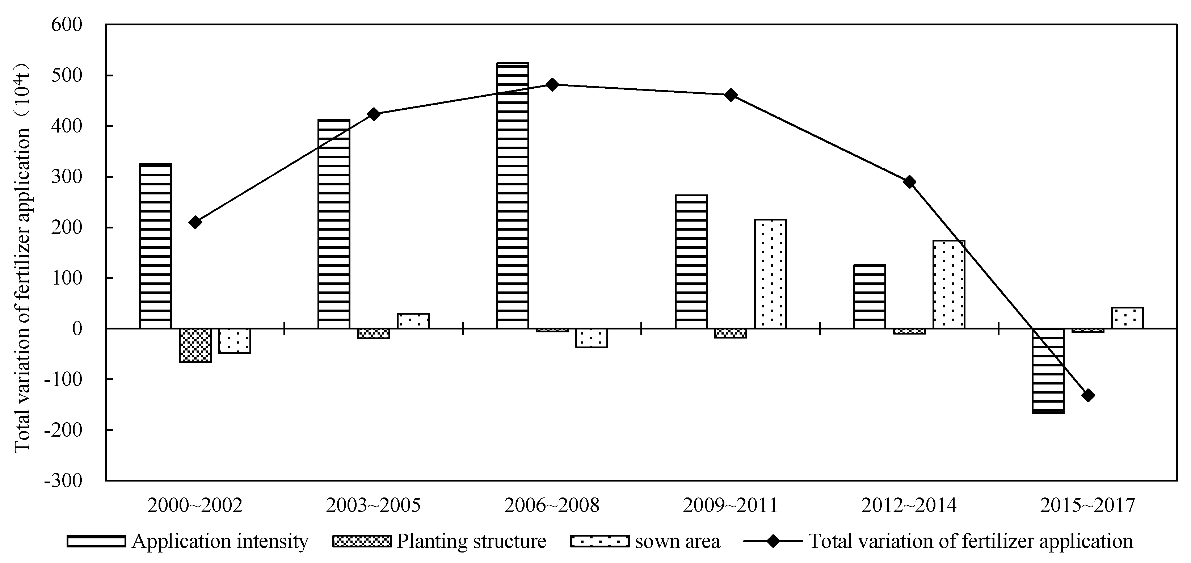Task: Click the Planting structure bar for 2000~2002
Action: pyautogui.click(x=195, y=345)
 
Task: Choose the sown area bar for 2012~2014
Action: pyautogui.click(x=949, y=284)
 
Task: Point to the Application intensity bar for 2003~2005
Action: pyautogui.click(x=334, y=224)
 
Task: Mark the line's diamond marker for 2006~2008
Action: pyautogui.click(x=552, y=85)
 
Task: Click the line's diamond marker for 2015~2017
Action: pyautogui.click(x=1088, y=395)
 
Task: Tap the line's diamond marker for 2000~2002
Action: pyautogui.click(x=195, y=222)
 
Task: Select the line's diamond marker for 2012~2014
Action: pyautogui.click(x=909, y=182)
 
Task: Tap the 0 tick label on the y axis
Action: pyautogui.click(x=77, y=329)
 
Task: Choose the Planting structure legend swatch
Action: pyautogui.click(x=362, y=541)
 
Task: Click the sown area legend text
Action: pyautogui.click(x=678, y=541)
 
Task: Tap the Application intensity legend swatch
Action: pyautogui.click(x=97, y=541)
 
